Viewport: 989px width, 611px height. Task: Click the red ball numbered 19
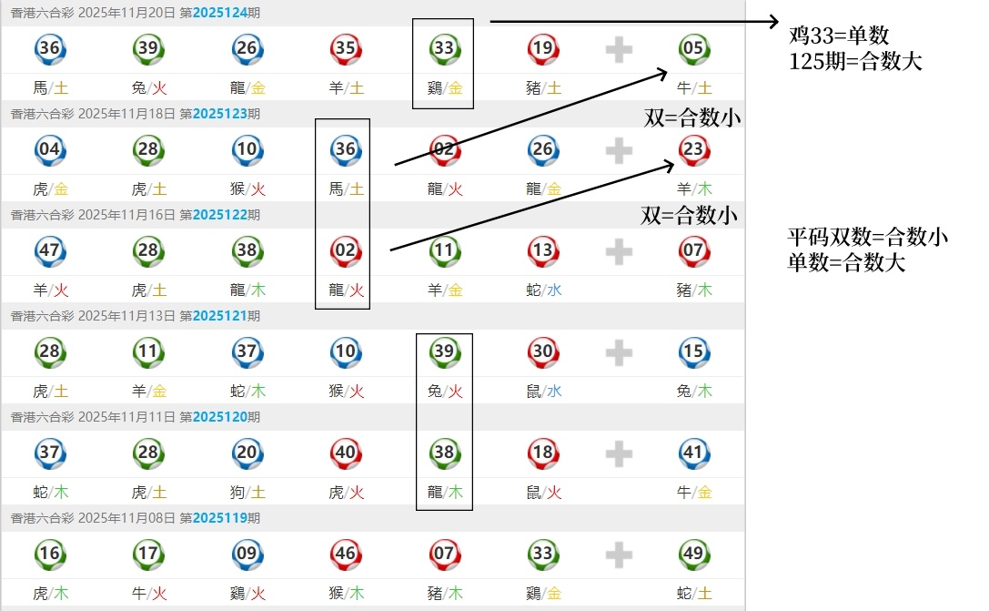(x=542, y=48)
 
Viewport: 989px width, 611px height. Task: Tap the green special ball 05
(x=693, y=48)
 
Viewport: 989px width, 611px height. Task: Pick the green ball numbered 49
(x=693, y=554)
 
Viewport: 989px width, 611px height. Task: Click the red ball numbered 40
(x=345, y=453)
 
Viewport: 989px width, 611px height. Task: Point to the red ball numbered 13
(x=542, y=250)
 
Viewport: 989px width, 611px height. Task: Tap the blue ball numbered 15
(x=693, y=351)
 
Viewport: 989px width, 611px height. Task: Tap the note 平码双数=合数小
(x=867, y=239)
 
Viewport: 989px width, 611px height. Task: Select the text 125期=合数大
(x=855, y=62)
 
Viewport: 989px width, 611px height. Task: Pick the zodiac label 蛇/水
(x=542, y=290)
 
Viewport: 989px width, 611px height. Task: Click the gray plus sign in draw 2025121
(x=619, y=351)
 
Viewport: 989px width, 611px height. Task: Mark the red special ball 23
(x=693, y=149)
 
